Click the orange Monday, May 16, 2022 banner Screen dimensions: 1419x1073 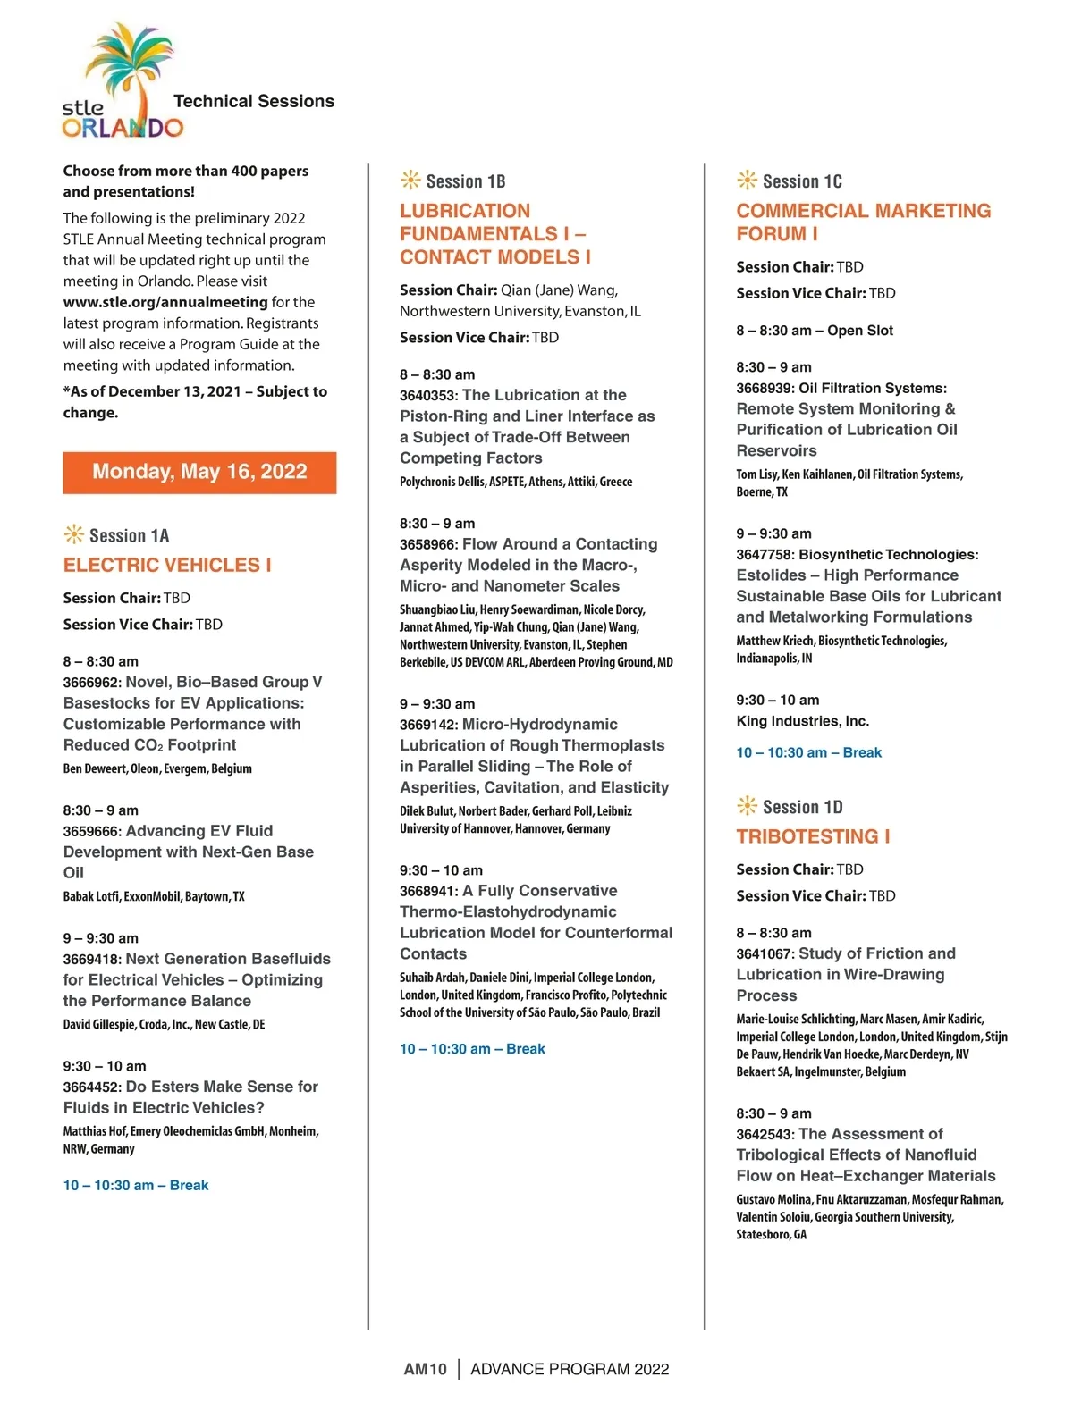199,472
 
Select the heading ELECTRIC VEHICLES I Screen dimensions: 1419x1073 167,565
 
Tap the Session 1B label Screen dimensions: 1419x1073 465,181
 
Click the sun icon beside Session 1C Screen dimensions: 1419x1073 747,181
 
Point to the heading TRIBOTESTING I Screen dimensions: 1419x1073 813,836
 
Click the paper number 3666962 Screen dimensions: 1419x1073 91,683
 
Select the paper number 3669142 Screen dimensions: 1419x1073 428,725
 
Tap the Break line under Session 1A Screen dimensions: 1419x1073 136,1185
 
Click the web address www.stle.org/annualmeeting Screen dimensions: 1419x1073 165,302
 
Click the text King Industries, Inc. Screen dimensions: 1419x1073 802,721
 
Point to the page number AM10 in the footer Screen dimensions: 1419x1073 425,1369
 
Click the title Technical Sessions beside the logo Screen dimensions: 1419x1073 254,101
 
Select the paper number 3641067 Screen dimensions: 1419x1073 765,954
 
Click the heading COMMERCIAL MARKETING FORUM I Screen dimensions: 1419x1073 863,222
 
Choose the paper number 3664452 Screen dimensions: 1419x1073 91,1087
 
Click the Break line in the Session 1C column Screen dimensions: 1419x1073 808,752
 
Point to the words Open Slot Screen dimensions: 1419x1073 860,331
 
